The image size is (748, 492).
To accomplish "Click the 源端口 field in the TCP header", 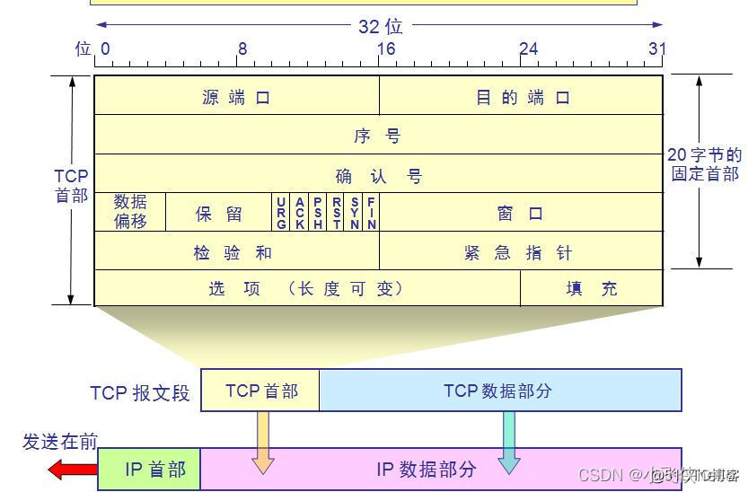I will click(x=236, y=97).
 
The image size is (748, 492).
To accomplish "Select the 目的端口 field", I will click(x=522, y=97).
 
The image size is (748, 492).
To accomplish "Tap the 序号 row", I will click(x=378, y=136).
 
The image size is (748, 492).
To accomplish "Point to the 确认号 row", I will click(x=378, y=175).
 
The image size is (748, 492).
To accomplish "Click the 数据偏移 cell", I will click(x=130, y=212).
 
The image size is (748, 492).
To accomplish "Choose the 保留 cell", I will click(x=219, y=214).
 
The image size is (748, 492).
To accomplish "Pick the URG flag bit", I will click(x=281, y=213).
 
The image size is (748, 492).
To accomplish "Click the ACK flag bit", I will click(x=299, y=213).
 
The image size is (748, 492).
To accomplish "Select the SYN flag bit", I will click(x=354, y=213).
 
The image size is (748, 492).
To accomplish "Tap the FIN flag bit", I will click(x=371, y=213).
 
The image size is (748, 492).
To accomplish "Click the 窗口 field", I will click(x=521, y=214).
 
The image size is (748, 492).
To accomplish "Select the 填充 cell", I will click(x=592, y=288).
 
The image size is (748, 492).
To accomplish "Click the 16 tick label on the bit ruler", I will click(x=386, y=48).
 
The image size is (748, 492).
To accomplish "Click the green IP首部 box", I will click(x=149, y=469).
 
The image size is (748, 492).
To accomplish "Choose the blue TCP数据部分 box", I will click(x=499, y=391).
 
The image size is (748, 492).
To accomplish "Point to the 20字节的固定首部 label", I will click(x=705, y=164).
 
